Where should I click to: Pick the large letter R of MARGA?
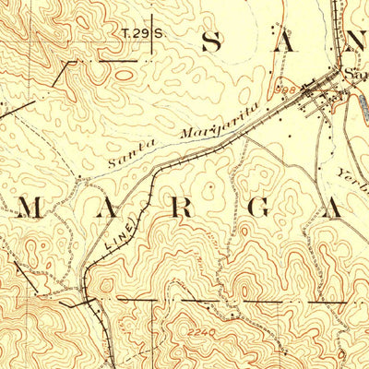181,209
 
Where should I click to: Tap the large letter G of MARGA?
258,209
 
